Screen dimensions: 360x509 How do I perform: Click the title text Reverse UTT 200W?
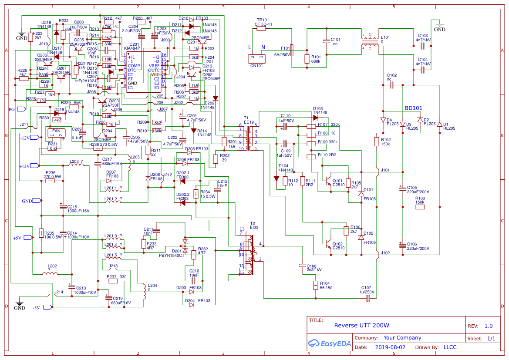361,325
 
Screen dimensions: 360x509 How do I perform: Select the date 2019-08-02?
390,347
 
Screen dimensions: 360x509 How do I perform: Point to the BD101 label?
413,108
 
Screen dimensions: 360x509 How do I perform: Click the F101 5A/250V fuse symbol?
292,50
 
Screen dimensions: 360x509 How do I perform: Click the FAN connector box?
56,134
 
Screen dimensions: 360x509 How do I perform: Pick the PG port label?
15,109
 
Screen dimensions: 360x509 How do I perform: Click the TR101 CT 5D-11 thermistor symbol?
261,29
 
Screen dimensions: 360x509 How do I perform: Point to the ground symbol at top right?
439,25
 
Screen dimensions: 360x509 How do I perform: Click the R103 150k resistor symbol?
420,207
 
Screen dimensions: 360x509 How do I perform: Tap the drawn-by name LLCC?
450,347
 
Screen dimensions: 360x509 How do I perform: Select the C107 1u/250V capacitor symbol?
368,298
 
